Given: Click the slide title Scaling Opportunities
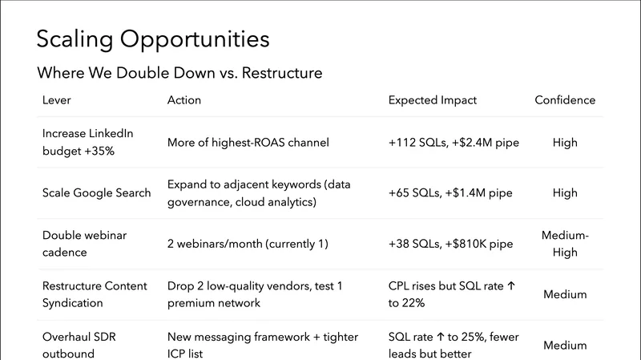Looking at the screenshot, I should pos(153,39).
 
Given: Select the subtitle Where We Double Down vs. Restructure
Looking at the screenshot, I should pos(179,74).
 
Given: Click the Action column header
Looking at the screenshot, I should pos(184,100).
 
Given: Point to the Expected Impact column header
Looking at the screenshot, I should pos(432,100).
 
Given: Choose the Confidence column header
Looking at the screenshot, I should pos(565,100).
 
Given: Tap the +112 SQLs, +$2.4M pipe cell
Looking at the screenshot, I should pos(454,143).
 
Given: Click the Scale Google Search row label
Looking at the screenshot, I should pos(96,193).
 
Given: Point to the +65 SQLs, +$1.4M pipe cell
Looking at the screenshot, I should pos(450,193).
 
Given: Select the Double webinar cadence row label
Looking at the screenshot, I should pos(84,244).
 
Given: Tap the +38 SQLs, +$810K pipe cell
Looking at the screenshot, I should pos(450,244).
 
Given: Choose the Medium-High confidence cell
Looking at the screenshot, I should pos(565,244).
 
